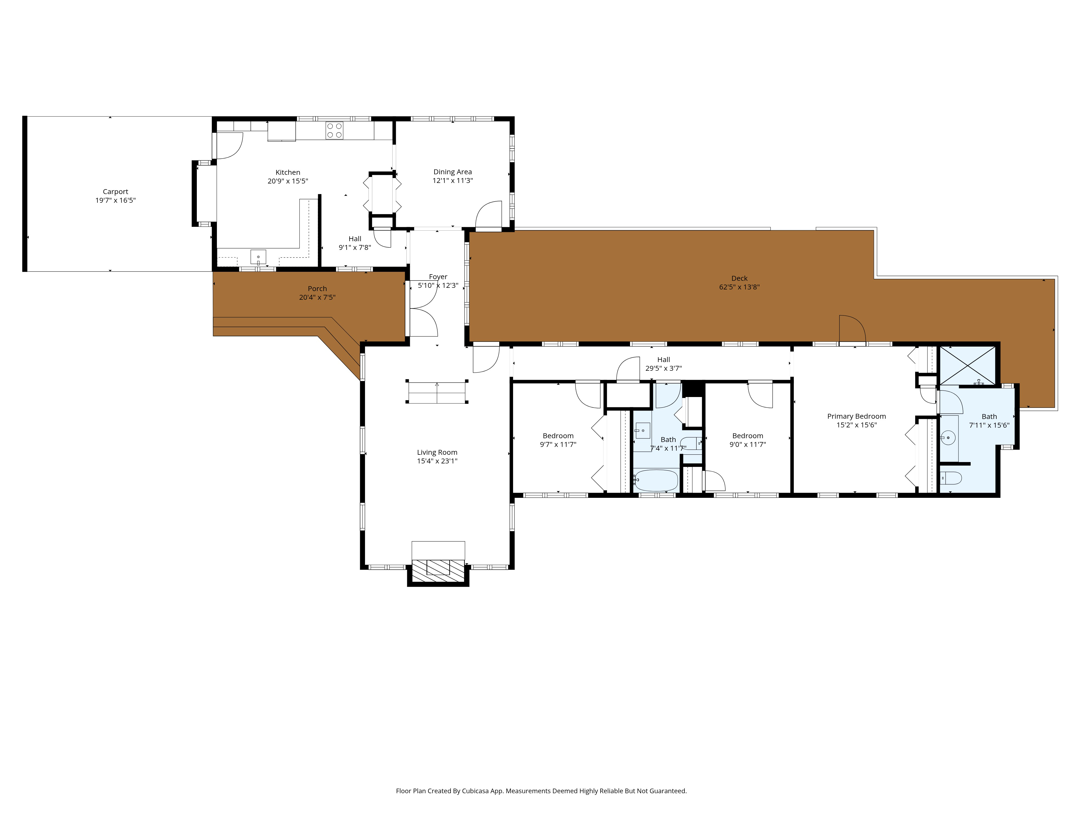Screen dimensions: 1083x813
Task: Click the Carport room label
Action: click(116, 192)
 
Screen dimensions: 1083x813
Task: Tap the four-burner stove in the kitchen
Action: click(334, 130)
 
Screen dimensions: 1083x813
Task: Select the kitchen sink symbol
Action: click(258, 257)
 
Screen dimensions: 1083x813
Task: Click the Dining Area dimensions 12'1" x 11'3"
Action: click(452, 180)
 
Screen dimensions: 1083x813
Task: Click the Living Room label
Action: click(437, 452)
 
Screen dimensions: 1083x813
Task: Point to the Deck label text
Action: click(739, 278)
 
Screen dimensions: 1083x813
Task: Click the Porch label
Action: click(317, 289)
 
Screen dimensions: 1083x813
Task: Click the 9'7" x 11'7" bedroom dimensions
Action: click(558, 444)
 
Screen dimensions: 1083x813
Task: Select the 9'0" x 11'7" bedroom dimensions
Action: click(748, 444)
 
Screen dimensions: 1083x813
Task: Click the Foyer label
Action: click(438, 277)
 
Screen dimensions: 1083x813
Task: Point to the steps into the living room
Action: click(437, 392)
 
